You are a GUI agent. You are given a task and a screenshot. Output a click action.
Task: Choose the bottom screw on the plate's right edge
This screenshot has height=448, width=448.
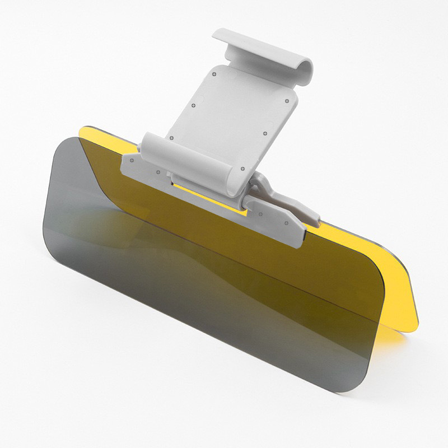242,168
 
